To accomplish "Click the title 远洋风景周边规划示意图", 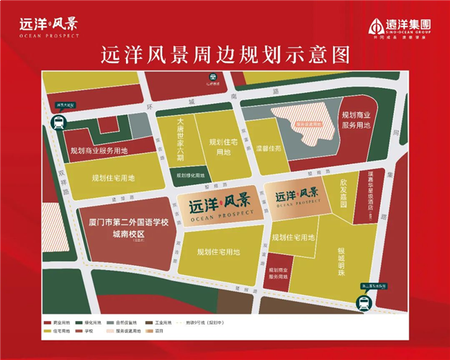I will pos(225,55).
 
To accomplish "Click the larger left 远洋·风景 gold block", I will pos(216,205).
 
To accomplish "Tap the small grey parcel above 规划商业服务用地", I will pos(107,125).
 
